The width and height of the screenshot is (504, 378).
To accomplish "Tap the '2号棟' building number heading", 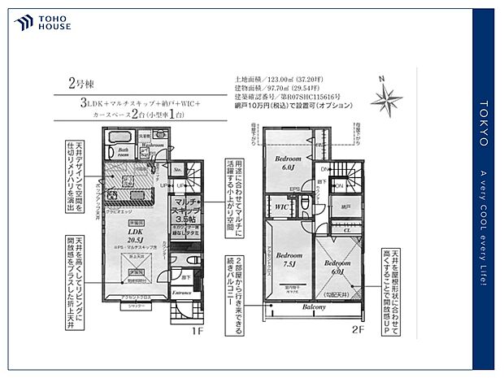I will (80, 83).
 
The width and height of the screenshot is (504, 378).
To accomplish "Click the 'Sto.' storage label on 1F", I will (176, 171).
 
